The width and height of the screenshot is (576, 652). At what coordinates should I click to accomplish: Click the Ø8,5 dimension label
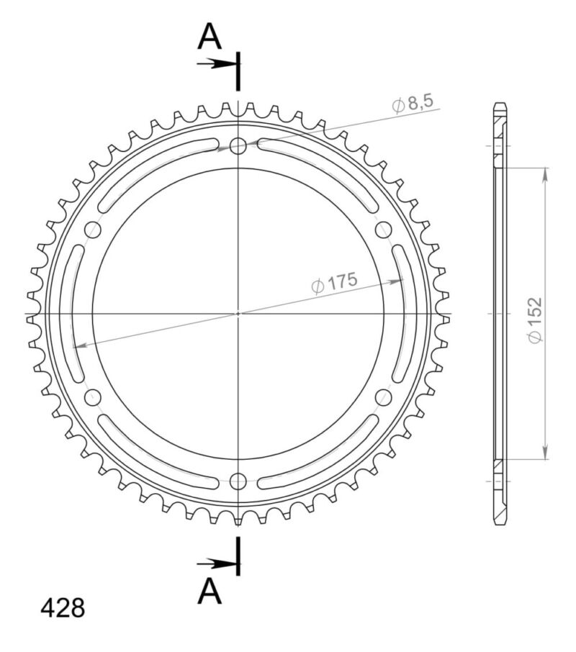click(413, 104)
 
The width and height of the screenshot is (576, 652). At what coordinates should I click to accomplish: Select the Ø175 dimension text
click(334, 283)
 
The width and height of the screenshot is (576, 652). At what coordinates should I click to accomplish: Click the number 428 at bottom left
click(63, 609)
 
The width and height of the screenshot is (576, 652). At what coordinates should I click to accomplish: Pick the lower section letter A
click(210, 592)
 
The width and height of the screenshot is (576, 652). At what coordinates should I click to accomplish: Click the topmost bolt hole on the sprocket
click(238, 146)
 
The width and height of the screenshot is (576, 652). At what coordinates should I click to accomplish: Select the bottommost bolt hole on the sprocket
click(238, 481)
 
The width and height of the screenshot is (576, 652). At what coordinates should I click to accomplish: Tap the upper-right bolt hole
click(383, 230)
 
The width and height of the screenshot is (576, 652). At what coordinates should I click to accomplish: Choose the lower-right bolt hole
click(383, 397)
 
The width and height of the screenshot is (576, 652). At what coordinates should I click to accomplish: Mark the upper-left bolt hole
click(93, 230)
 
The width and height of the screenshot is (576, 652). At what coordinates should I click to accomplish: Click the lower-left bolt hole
click(93, 397)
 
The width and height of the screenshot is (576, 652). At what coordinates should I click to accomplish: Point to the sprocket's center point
click(238, 314)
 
